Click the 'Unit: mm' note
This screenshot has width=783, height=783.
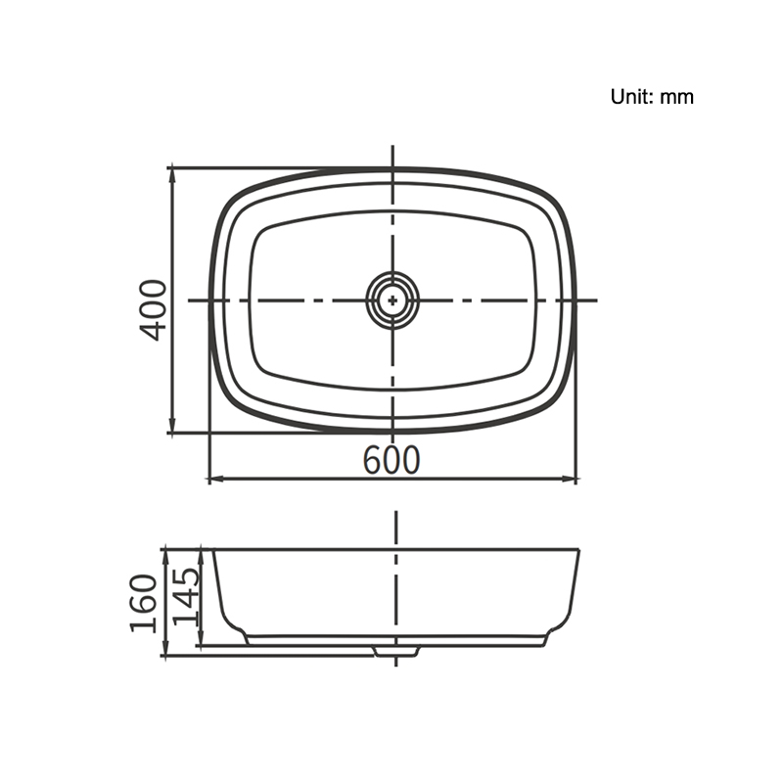652,96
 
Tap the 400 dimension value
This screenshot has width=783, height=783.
154,310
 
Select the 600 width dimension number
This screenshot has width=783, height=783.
391,460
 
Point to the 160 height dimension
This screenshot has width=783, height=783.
144,603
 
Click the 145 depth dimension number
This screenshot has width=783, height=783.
186,596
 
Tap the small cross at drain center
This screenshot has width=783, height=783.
393,300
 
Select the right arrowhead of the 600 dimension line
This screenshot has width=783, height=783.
570,480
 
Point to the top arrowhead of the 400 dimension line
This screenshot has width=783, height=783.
172,175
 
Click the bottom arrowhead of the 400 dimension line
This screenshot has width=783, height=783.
172,426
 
